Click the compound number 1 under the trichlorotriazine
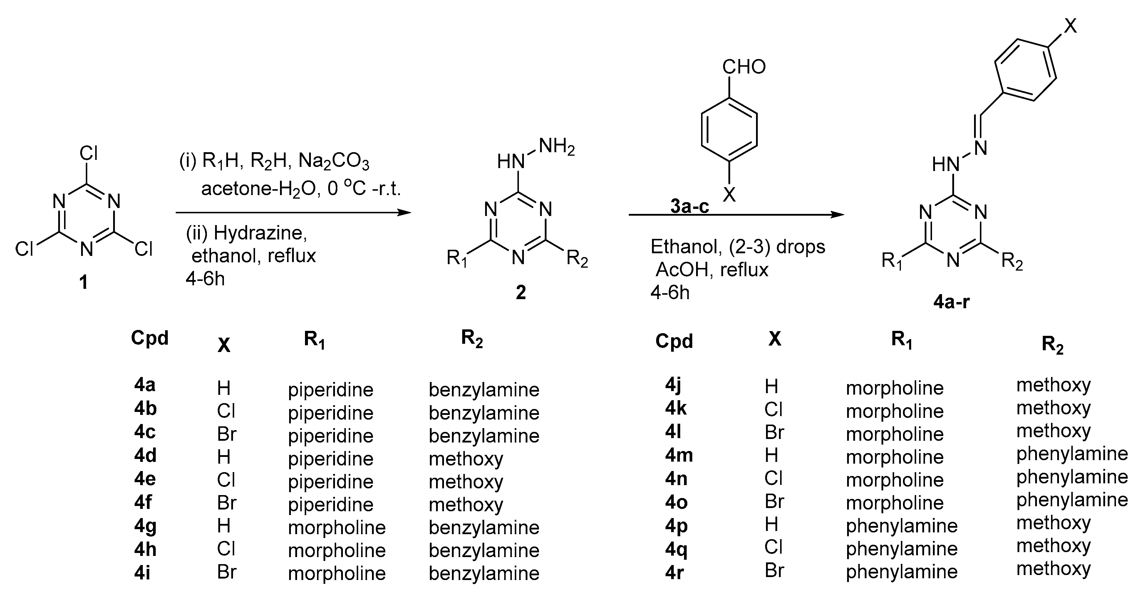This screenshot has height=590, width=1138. [83, 282]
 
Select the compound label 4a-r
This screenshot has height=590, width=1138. [951, 302]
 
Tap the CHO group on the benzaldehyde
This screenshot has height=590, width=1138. [744, 67]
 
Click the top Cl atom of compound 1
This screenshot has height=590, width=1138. [88, 153]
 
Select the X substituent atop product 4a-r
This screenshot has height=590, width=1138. [1070, 26]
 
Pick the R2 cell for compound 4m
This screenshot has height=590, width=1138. [1072, 454]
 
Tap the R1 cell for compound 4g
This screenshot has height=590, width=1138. [337, 527]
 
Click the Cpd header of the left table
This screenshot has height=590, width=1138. [150, 338]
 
